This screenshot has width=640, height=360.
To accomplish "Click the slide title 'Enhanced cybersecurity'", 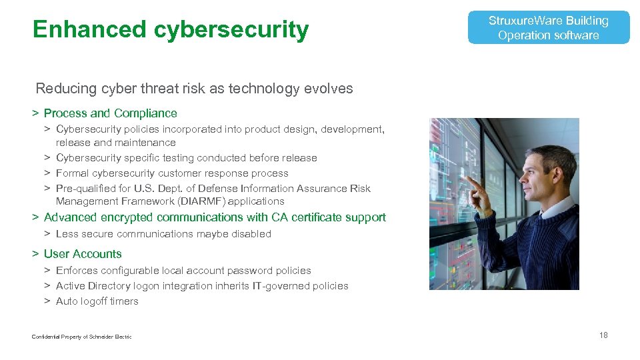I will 170,29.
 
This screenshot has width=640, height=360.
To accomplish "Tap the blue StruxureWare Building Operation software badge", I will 548,28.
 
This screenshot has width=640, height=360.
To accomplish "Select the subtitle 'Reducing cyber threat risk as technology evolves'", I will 194,89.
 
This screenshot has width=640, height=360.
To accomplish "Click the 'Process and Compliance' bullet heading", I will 110,113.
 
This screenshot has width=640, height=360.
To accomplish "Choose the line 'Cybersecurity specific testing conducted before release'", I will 186,158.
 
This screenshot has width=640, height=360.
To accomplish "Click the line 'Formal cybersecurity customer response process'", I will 172,173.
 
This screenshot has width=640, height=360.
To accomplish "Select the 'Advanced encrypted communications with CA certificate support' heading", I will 214,217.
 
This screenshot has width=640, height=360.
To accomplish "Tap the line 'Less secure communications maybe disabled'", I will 163,234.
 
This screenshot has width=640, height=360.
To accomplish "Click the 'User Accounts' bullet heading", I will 83,254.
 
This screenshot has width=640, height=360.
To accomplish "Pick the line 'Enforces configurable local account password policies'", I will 183,271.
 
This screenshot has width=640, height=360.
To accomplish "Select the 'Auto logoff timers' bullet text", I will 97,301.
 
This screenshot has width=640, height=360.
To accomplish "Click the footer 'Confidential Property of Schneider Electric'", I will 81,337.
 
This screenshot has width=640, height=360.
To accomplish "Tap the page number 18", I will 603,335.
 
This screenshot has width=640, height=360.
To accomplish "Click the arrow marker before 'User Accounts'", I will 35,254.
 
